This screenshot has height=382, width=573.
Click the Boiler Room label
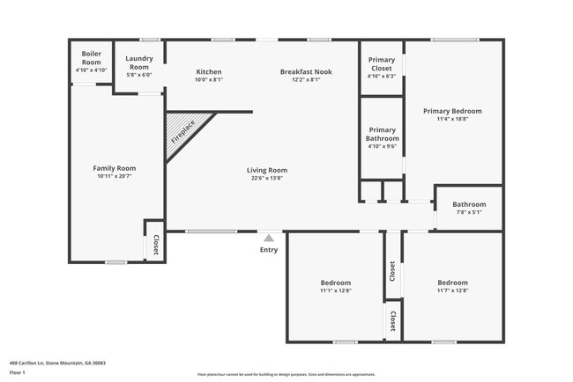[92, 57]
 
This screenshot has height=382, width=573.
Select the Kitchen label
[209, 72]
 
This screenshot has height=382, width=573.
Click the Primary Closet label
[382, 64]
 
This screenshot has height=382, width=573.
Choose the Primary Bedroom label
[452, 111]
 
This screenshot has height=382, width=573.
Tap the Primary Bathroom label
[383, 134]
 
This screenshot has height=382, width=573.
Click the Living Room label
[266, 170]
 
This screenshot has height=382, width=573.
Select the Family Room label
[115, 168]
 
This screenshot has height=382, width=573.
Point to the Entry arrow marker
[269, 237]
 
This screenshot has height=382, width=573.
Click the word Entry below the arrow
[269, 250]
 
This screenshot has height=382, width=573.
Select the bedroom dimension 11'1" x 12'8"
[335, 290]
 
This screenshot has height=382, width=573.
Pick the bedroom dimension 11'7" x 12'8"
[452, 290]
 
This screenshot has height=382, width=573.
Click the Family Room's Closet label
[156, 245]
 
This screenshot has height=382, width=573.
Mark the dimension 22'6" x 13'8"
[266, 178]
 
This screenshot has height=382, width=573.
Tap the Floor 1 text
[18, 372]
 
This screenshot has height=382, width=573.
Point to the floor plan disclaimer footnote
[286, 373]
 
